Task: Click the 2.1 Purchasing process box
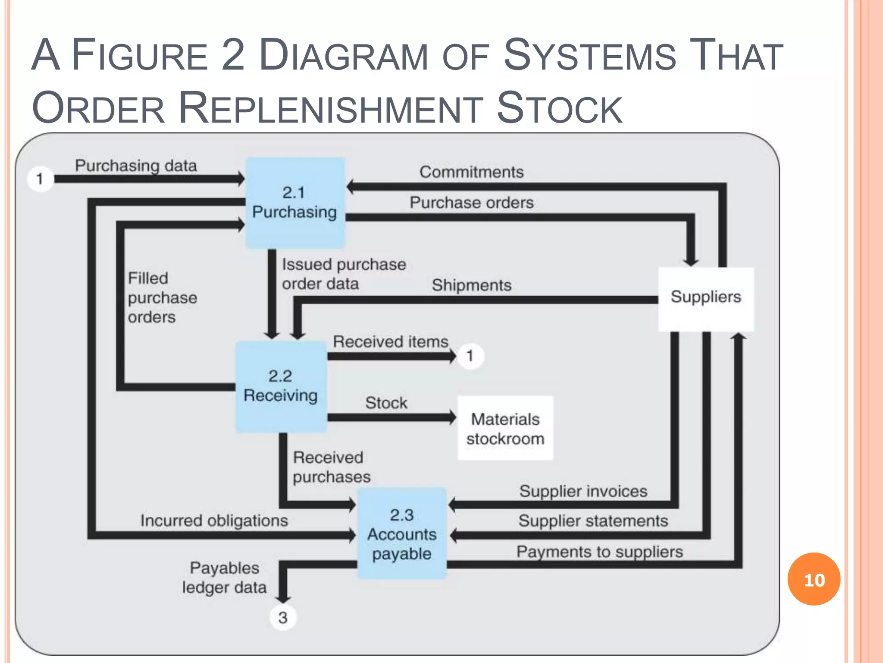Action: (x=295, y=203)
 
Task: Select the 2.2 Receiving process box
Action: (x=281, y=386)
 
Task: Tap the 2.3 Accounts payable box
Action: (x=402, y=534)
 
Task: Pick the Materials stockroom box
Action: (x=505, y=428)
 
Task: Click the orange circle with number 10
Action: (x=814, y=579)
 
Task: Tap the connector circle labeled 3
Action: (x=283, y=618)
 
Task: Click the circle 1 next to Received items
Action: (x=470, y=356)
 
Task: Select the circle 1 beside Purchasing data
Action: (x=40, y=179)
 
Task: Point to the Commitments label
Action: (x=471, y=172)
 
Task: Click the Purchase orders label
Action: (x=471, y=202)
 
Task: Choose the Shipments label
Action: (x=471, y=285)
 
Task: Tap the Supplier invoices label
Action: (x=583, y=491)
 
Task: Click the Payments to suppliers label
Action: (x=599, y=552)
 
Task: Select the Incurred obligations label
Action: (x=214, y=521)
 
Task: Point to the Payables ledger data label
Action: (x=224, y=578)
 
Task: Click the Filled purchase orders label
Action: (x=162, y=298)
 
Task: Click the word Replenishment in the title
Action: (x=331, y=108)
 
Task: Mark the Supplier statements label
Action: (x=593, y=521)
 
